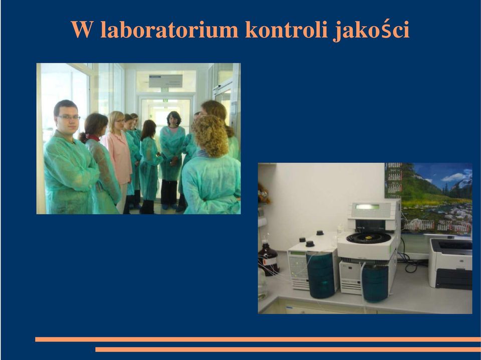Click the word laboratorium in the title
(169, 30)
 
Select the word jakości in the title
(371, 30)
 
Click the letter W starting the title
(82, 30)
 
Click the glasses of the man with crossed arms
(69, 117)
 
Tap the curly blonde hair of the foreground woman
(210, 135)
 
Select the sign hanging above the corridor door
(166, 81)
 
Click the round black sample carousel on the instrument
(368, 238)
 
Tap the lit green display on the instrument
(367, 207)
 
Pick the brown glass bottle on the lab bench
(268, 258)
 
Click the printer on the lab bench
(450, 264)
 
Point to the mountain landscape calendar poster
(428, 199)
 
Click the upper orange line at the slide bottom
(258, 339)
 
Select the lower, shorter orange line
(288, 349)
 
